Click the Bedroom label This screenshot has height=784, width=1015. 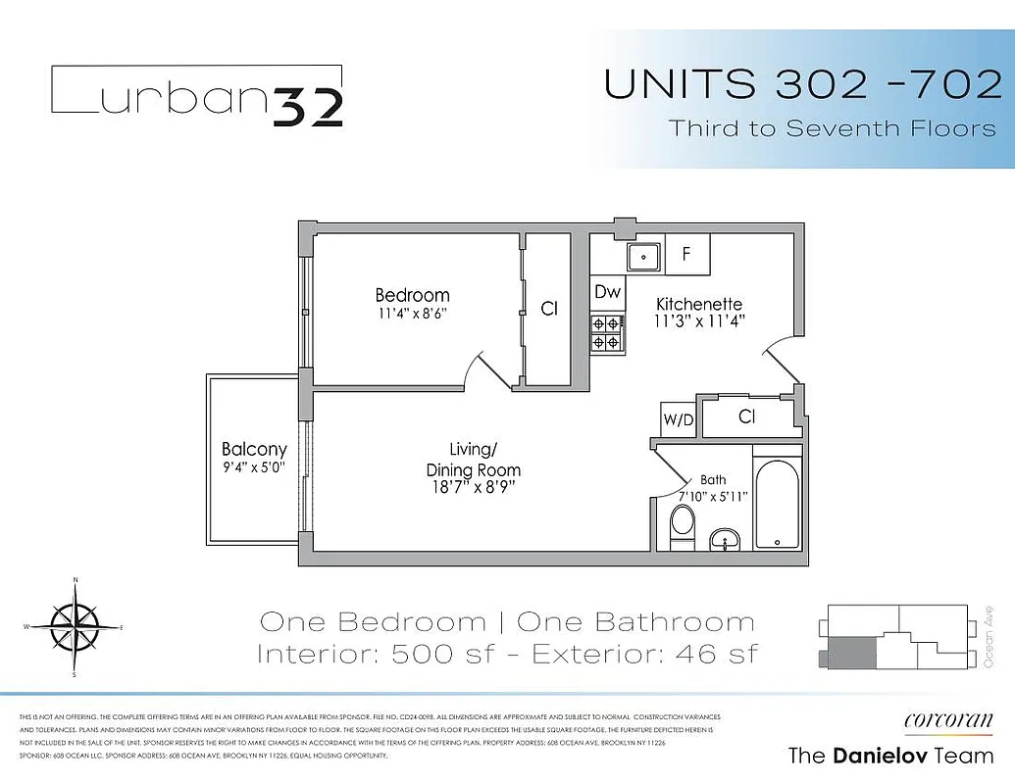(x=412, y=295)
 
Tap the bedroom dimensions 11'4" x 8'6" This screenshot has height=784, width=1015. (x=412, y=314)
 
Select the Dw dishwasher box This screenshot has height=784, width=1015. (x=608, y=292)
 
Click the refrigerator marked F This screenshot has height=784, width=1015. (x=687, y=254)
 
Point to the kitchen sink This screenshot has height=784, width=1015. (x=643, y=257)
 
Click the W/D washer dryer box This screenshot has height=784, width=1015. (x=678, y=418)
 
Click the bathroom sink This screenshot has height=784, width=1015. (x=726, y=539)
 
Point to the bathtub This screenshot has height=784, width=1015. (x=778, y=504)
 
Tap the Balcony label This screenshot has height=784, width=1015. (x=254, y=450)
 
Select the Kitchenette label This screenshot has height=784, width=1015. (x=698, y=305)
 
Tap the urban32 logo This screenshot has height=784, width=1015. (x=196, y=96)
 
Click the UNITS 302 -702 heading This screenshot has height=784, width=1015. (x=802, y=84)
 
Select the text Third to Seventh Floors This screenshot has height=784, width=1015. (x=832, y=128)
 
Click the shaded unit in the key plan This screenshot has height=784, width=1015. (x=851, y=652)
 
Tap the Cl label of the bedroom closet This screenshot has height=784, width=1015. (x=549, y=309)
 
